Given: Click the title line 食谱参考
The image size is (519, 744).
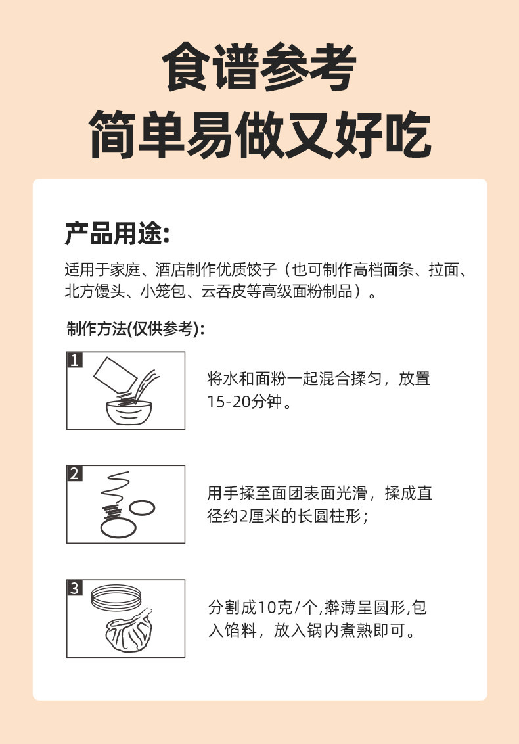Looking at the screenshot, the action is (x=259, y=67).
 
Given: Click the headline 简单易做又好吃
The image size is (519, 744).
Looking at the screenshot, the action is (x=260, y=134).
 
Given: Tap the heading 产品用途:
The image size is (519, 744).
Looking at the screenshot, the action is (x=117, y=233).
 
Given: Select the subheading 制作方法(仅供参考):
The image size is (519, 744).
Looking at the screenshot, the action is (x=136, y=329).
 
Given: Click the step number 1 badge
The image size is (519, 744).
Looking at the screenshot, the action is (x=74, y=360).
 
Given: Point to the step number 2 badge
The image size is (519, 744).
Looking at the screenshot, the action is (x=74, y=473).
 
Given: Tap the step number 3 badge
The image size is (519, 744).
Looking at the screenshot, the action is (x=74, y=588).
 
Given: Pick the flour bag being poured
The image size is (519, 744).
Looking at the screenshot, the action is (x=115, y=375).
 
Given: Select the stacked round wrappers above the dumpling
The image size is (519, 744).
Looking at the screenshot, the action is (x=116, y=597).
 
